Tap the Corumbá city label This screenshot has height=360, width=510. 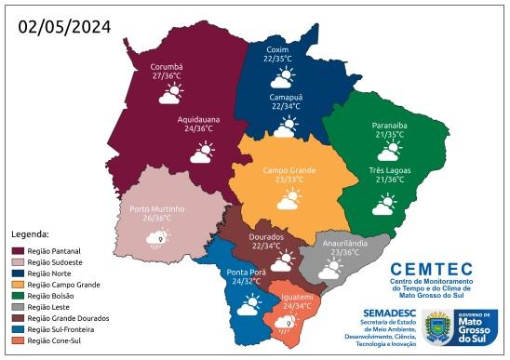click(x=167, y=67)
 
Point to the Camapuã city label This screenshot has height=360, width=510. click(x=288, y=96)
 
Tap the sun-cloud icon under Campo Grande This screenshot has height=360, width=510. click(x=289, y=198)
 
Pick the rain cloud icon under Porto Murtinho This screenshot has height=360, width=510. click(x=156, y=238)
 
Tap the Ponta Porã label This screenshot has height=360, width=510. click(x=246, y=272)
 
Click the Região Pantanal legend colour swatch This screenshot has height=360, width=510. click(x=17, y=251)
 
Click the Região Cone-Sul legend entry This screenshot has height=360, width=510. click(x=52, y=340)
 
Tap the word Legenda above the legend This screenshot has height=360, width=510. click(x=30, y=233)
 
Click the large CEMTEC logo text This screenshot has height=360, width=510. click(x=429, y=268)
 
